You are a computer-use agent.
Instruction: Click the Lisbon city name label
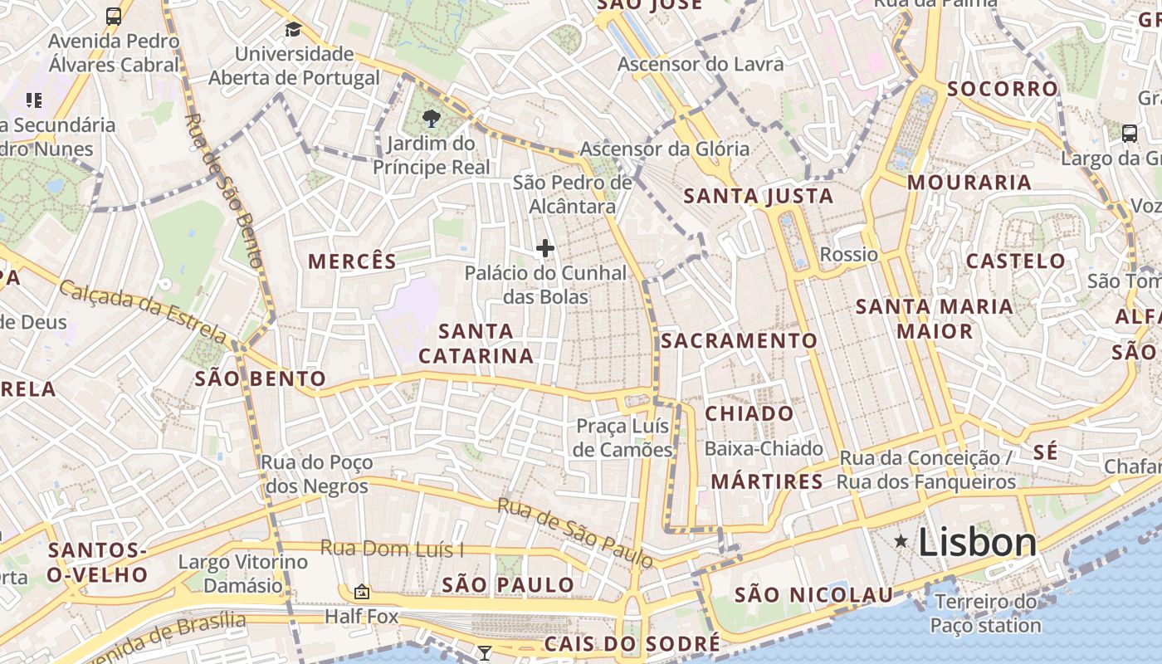pyautogui.click(x=977, y=542)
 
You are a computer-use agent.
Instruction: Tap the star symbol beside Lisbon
pyautogui.click(x=901, y=542)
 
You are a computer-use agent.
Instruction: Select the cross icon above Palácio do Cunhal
pyautogui.click(x=545, y=248)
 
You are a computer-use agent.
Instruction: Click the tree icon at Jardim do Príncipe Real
pyautogui.click(x=431, y=119)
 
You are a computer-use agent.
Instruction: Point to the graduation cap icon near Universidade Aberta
pyautogui.click(x=293, y=30)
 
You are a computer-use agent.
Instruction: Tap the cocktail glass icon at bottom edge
pyautogui.click(x=485, y=652)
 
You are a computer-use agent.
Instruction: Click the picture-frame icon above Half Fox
pyautogui.click(x=361, y=592)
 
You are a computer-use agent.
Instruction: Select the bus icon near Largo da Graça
pyautogui.click(x=1129, y=133)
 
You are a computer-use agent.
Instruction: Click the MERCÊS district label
pyautogui.click(x=353, y=261)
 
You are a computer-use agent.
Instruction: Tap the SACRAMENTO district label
pyautogui.click(x=739, y=341)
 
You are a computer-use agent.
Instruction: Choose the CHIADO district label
pyautogui.click(x=749, y=413)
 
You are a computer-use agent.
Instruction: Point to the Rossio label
pyautogui.click(x=848, y=254)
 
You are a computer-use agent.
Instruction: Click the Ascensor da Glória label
pyautogui.click(x=664, y=149)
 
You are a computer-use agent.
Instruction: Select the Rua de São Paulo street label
pyautogui.click(x=575, y=532)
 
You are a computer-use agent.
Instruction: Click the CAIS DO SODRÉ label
pyautogui.click(x=632, y=644)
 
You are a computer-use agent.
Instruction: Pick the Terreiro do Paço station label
pyautogui.click(x=985, y=613)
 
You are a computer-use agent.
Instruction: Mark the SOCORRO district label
pyautogui.click(x=1003, y=89)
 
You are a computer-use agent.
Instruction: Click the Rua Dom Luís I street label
pyautogui.click(x=392, y=549)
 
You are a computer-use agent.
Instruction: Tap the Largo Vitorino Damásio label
pyautogui.click(x=243, y=574)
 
